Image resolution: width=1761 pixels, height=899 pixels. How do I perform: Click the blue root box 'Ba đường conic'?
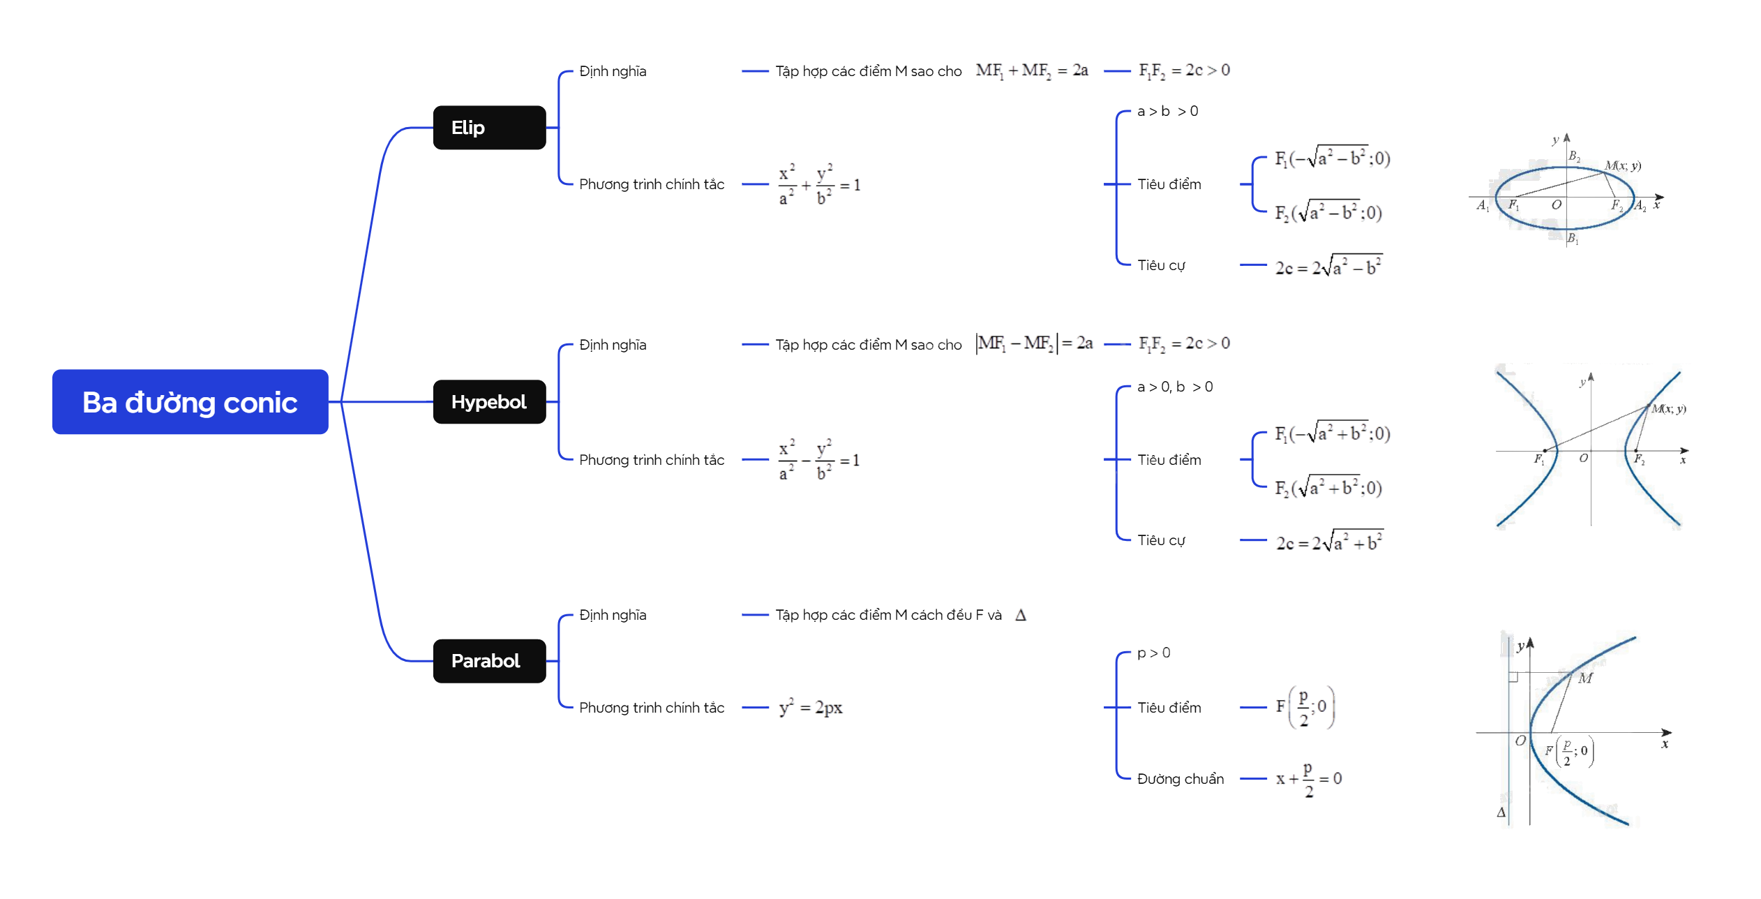(190, 402)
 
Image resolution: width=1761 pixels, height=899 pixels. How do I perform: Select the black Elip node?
(489, 128)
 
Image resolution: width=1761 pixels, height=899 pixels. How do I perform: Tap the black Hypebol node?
(489, 402)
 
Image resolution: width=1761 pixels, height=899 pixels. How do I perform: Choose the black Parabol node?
(489, 661)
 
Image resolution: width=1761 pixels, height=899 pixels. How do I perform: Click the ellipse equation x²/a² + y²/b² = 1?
(819, 185)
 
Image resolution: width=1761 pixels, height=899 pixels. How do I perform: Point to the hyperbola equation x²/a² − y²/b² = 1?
(819, 460)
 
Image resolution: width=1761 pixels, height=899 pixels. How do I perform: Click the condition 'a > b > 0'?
(1167, 111)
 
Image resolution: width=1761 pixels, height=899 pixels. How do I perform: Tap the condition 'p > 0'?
(1153, 653)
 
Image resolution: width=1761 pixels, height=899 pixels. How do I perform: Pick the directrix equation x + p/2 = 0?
(1308, 779)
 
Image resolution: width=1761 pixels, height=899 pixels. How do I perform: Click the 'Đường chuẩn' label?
(1180, 779)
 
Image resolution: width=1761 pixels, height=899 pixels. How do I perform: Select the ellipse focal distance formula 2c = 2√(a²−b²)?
(1328, 266)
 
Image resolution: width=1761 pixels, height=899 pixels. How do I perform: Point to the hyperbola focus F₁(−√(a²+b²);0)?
(1332, 433)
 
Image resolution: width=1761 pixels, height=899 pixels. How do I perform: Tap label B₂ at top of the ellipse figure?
(1574, 156)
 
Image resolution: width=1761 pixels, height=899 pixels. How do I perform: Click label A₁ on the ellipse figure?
(1483, 205)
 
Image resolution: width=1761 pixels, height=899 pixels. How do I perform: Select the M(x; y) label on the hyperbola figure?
(1668, 409)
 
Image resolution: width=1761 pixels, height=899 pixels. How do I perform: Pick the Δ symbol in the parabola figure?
(1501, 812)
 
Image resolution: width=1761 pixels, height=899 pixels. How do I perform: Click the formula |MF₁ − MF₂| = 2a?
(1034, 343)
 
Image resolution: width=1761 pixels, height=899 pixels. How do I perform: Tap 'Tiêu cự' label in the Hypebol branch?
(1161, 540)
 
